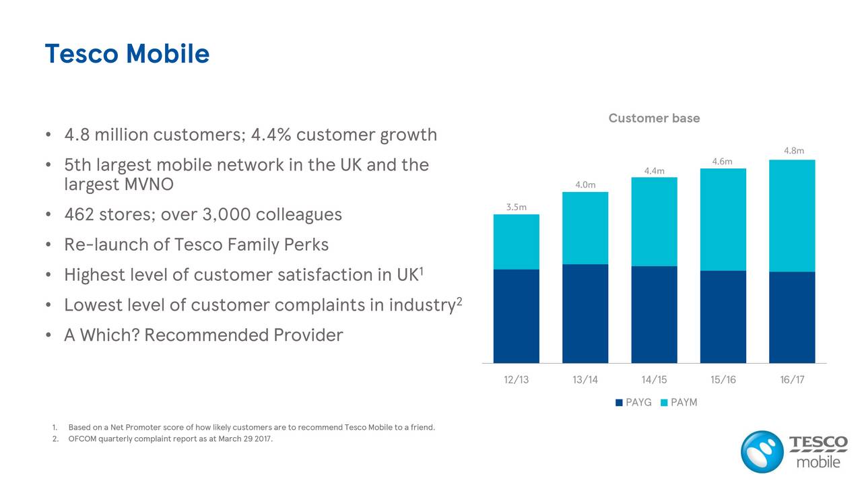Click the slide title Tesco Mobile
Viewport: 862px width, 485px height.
click(127, 54)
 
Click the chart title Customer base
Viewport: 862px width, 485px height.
click(654, 119)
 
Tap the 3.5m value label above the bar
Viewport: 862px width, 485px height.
click(516, 207)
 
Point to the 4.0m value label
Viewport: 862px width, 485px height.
click(585, 185)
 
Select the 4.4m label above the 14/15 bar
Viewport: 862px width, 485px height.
click(654, 170)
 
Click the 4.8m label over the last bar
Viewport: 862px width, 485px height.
click(793, 151)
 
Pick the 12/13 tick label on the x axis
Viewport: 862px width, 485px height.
click(516, 380)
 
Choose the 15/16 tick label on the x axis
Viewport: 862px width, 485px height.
click(723, 380)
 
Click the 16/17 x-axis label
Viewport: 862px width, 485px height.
click(792, 380)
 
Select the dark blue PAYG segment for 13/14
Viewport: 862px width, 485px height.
click(585, 313)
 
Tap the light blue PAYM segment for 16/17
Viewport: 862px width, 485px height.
click(792, 216)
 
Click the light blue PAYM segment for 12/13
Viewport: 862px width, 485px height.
click(516, 242)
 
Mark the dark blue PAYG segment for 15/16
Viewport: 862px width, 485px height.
click(723, 317)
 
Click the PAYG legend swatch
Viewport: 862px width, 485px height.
click(619, 403)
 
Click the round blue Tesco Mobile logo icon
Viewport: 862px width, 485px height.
click(762, 451)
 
